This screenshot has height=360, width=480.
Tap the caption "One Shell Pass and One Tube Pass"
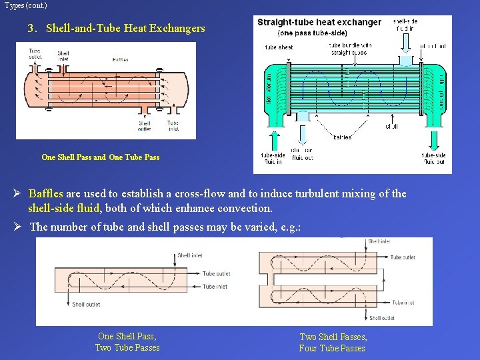coord(101,157)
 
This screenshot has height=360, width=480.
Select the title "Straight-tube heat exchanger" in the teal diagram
coord(319,22)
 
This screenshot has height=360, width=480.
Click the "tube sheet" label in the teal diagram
coord(279,47)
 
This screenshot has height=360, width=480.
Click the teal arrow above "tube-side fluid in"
coord(273,141)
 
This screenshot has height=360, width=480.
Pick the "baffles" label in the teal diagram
coord(342,137)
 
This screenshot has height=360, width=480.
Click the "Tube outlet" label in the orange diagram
coord(35,54)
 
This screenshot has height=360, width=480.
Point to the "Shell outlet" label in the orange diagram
coord(145,126)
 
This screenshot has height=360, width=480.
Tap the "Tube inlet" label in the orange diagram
coord(173,126)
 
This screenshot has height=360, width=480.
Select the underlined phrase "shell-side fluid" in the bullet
coord(63,209)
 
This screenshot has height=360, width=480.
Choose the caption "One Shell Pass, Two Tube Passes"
coord(127,342)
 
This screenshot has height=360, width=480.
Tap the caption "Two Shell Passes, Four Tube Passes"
coord(333,343)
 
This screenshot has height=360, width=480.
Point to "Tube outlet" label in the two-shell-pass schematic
coord(403,257)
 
